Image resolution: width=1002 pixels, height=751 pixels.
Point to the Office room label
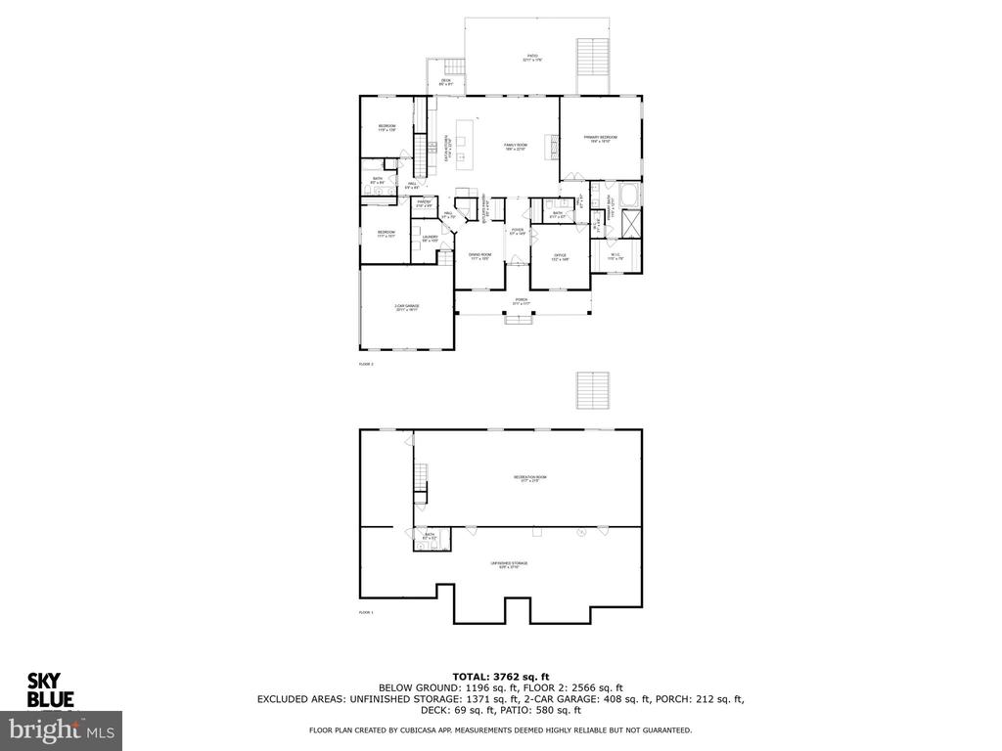[x=560, y=257]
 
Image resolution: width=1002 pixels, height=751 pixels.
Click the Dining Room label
[x=479, y=256]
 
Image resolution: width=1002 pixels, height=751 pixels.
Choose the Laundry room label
[x=430, y=238]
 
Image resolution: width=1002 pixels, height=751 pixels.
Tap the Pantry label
[x=424, y=203]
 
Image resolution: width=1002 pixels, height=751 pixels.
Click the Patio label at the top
[x=533, y=58]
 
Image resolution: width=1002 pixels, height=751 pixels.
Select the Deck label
[x=445, y=82]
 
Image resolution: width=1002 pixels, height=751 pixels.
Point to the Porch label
[x=522, y=301]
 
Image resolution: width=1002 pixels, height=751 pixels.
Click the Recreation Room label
[x=530, y=478]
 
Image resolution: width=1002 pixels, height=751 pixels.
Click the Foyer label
[x=518, y=232]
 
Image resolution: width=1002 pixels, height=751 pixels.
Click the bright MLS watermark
[x=61, y=729]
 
